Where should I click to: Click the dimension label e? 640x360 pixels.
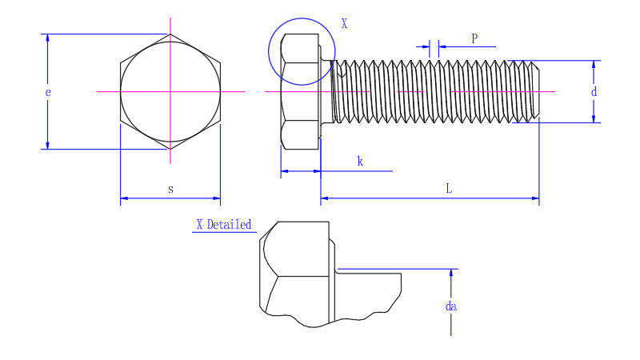click(48, 92)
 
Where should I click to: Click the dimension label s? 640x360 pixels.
click(170, 189)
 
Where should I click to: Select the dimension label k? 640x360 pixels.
click(360, 162)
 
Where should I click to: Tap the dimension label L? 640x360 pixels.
click(449, 189)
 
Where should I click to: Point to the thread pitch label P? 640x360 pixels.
click(474, 38)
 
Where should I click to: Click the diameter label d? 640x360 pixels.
click(594, 92)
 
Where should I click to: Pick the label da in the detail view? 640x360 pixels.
click(452, 306)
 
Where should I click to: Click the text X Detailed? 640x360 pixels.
click(224, 225)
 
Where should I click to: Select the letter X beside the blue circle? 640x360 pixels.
click(344, 24)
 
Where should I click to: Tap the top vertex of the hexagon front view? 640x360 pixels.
click(170, 34)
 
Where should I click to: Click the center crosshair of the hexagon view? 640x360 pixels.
click(170, 92)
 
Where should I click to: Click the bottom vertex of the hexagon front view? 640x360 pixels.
click(170, 149)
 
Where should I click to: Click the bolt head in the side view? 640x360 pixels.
click(300, 91)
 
